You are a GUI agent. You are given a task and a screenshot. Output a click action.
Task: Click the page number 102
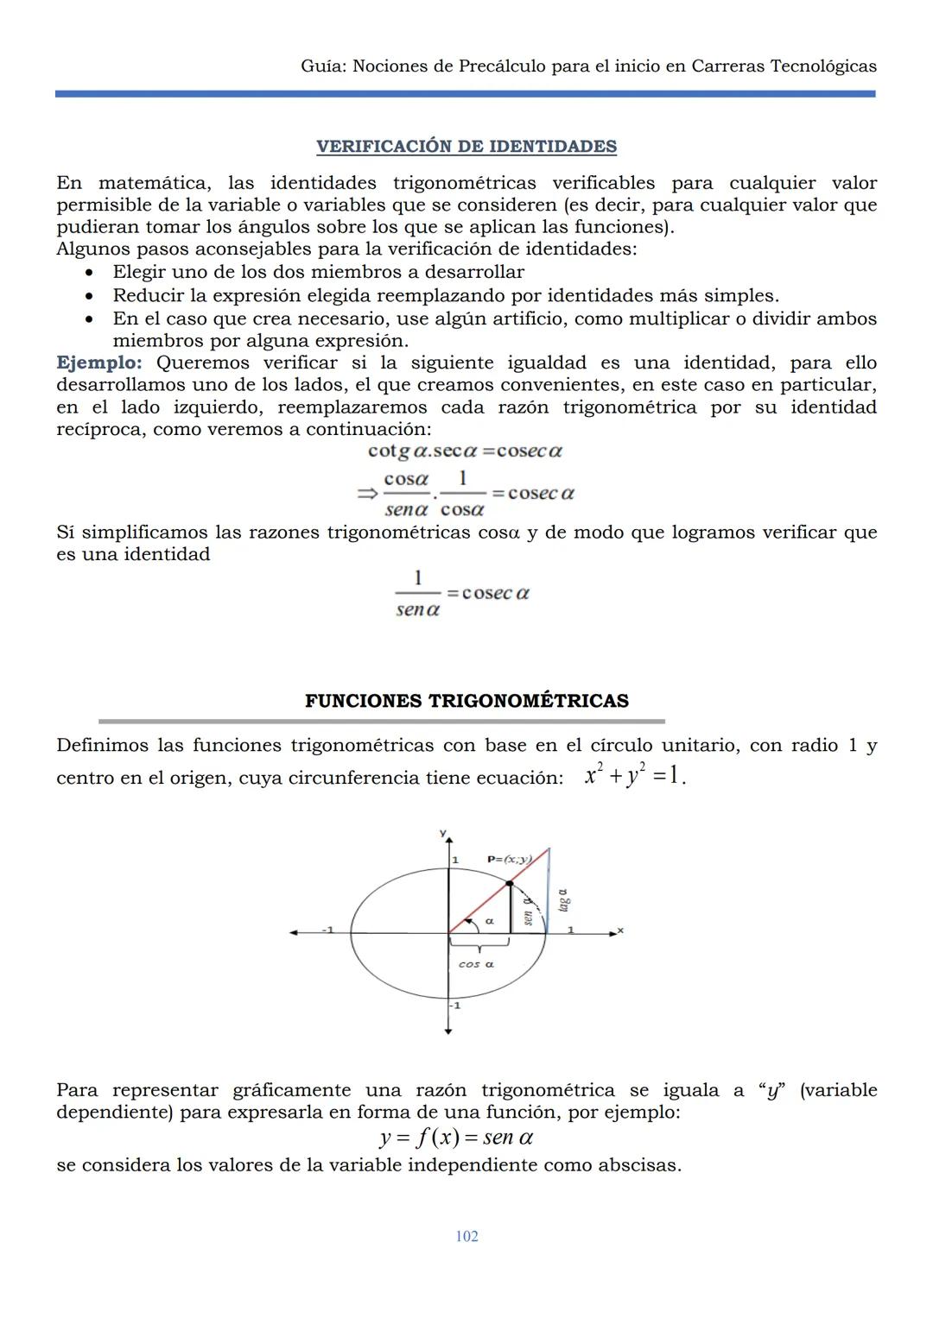point(466,1236)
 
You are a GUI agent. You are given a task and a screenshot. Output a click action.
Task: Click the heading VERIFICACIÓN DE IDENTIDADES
point(466,147)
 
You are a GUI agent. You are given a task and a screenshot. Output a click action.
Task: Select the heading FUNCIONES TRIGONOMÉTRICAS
point(466,701)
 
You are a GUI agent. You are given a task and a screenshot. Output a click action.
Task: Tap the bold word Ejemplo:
point(98,363)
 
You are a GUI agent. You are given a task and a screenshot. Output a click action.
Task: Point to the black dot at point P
point(510,882)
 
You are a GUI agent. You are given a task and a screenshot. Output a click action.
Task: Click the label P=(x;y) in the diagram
point(508,859)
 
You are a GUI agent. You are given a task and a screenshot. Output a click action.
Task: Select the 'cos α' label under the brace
point(476,964)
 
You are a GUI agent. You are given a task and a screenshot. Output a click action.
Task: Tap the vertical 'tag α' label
point(563,900)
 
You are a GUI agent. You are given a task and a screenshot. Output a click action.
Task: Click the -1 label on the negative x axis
point(327,929)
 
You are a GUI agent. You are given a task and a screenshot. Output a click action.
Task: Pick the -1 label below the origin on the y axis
point(455,1005)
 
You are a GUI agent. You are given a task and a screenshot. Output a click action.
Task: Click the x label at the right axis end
point(620,930)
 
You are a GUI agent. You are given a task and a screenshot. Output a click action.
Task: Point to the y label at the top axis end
point(442,833)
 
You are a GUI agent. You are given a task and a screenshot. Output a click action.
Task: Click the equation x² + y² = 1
point(635,776)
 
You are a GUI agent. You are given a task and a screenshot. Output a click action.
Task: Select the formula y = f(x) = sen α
point(456,1138)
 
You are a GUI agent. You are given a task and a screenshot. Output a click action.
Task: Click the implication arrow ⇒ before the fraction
point(367,494)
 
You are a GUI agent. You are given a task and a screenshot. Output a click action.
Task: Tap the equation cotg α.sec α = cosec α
point(465,451)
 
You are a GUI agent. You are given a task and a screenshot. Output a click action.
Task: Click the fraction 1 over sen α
point(418,594)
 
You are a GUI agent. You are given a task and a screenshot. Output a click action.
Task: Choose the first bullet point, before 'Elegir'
point(90,272)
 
